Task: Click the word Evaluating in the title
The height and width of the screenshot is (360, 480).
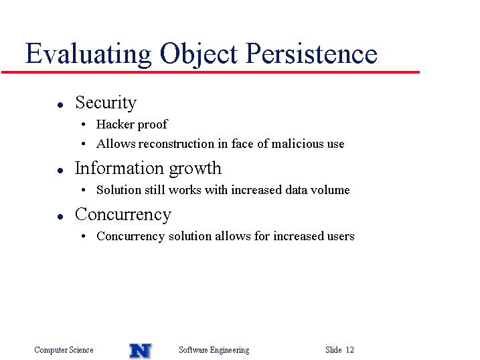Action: [88, 54]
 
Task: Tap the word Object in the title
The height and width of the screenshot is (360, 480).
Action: [199, 54]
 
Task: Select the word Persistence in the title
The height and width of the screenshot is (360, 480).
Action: [311, 54]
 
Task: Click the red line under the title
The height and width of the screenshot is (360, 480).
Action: [211, 72]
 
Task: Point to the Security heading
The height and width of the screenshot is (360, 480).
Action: [106, 103]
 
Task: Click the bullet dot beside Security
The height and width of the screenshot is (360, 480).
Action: [60, 105]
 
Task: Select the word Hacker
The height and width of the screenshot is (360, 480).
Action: [115, 124]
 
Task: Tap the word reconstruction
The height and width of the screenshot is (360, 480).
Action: [176, 144]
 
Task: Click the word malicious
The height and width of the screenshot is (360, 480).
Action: [297, 143]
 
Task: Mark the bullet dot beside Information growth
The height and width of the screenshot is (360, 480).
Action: [60, 171]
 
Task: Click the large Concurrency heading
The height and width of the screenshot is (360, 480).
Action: [123, 215]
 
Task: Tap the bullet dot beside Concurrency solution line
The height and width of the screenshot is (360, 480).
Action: [83, 236]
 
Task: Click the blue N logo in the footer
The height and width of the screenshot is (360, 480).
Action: [141, 351]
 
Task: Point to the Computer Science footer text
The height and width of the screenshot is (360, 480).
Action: [64, 350]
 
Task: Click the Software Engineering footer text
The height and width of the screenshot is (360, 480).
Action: [214, 350]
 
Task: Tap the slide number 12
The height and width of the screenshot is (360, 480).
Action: [350, 349]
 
